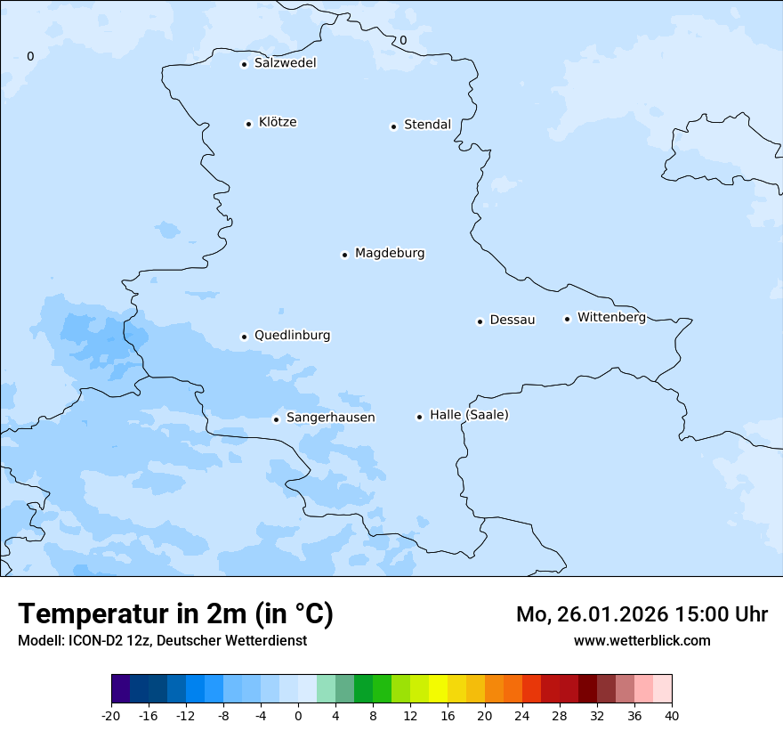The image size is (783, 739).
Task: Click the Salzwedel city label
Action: (285, 63)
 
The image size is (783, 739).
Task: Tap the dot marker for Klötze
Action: (248, 124)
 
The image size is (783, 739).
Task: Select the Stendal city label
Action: (427, 125)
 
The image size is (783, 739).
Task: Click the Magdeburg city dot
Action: (344, 255)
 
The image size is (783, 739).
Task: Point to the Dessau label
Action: (513, 320)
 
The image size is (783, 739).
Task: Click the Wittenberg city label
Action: (611, 317)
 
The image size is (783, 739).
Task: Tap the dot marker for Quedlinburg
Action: (244, 337)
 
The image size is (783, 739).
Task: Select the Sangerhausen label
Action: (330, 418)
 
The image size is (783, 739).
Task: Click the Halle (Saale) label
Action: (469, 415)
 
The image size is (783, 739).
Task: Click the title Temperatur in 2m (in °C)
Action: (176, 614)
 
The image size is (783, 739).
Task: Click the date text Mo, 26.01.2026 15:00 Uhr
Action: (642, 614)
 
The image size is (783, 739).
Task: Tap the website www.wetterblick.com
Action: (642, 641)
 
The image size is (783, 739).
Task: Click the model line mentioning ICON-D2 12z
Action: (162, 641)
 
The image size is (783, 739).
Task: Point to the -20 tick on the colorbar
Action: (111, 715)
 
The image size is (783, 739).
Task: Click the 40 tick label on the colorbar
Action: (672, 715)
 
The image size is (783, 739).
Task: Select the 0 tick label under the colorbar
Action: (298, 715)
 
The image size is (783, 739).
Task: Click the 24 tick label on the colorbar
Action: (522, 715)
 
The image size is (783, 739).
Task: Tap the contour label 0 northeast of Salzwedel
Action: (402, 40)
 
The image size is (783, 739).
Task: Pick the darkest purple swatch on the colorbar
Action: (120, 689)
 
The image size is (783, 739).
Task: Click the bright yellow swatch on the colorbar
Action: (438, 689)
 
